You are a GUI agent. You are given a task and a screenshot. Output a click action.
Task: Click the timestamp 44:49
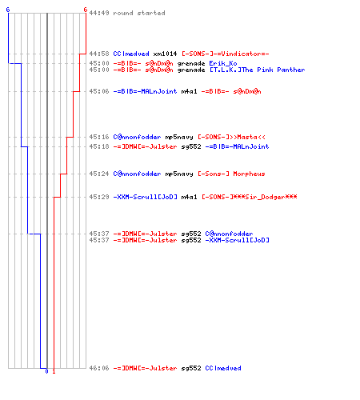click(x=99, y=13)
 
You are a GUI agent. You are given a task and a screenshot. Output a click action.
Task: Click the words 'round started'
click(x=139, y=13)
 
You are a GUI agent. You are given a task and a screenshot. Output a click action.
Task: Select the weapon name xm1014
click(x=165, y=54)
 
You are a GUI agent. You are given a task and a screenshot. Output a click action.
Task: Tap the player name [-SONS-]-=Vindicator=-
click(x=226, y=54)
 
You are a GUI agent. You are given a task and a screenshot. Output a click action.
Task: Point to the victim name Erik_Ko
click(x=223, y=63)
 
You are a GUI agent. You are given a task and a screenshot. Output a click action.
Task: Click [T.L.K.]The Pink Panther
click(x=257, y=70)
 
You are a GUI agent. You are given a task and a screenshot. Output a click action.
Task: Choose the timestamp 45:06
click(x=99, y=91)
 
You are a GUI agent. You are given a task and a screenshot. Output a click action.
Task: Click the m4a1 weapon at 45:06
click(x=189, y=91)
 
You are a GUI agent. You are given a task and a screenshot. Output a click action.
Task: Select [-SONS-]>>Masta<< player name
click(x=231, y=137)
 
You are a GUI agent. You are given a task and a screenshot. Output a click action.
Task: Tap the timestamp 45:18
click(x=99, y=146)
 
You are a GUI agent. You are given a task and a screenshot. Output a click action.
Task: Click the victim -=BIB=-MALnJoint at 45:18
click(x=237, y=146)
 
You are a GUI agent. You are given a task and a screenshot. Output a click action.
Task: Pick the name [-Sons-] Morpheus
click(x=231, y=174)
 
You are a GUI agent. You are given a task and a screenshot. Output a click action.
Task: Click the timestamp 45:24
click(x=99, y=174)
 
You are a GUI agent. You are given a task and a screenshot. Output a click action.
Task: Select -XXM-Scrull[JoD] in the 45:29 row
click(x=145, y=197)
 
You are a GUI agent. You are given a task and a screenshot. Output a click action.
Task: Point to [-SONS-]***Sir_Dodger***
click(x=250, y=197)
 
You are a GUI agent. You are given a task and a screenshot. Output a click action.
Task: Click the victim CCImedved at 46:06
click(x=223, y=368)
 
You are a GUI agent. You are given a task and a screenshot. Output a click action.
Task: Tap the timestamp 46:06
click(x=99, y=368)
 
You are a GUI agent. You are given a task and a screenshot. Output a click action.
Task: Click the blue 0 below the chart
click(x=46, y=371)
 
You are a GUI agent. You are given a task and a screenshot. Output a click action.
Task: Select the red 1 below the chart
click(x=54, y=371)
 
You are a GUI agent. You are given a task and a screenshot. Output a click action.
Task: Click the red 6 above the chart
click(x=86, y=10)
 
